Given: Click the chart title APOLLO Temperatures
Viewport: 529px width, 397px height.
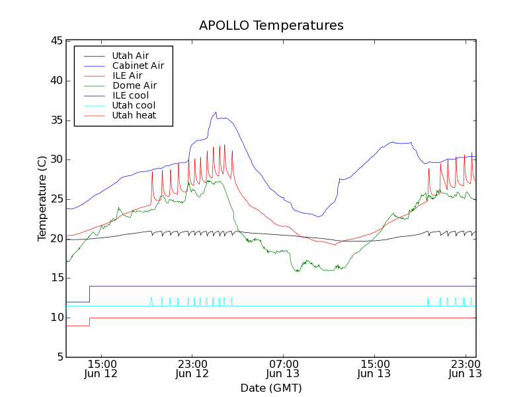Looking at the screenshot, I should coord(271,26).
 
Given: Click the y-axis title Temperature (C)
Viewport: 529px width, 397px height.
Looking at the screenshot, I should coord(42,198).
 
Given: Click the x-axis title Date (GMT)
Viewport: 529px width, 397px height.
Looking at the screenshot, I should coord(271,388).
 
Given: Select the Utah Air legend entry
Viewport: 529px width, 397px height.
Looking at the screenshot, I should coord(130,56).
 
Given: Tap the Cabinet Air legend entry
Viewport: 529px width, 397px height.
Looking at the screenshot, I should coord(138,66).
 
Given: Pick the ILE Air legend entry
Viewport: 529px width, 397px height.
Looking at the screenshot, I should coord(127,75).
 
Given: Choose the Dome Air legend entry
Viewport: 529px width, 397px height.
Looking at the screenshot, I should coord(134,85).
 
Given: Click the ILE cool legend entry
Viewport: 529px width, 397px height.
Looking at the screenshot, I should coord(130,95).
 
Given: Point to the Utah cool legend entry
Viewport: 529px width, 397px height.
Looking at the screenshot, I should coord(134,105).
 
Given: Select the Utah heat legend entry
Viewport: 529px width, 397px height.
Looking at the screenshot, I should coord(134,115).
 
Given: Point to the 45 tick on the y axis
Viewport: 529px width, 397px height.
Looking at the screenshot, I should coord(56,41).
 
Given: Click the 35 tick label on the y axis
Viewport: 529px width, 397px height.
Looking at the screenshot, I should coord(56,120).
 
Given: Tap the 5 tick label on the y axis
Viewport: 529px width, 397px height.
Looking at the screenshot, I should coord(59,357).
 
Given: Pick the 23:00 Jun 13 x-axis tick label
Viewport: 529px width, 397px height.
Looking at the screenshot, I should coord(465,368).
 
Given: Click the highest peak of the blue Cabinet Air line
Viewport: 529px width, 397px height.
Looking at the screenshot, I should coord(216,112).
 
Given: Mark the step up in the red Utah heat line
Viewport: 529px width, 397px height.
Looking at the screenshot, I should coord(89,322).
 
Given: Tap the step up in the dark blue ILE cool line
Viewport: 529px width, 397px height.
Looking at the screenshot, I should coord(89,294).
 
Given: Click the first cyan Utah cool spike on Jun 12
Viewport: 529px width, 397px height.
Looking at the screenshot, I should coord(151,298).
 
